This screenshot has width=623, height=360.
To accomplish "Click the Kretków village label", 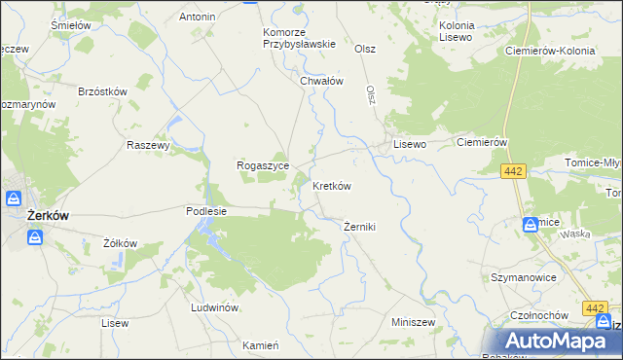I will [331, 185].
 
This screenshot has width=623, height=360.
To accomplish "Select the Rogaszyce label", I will [262, 165].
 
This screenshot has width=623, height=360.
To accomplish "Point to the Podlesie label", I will [206, 210].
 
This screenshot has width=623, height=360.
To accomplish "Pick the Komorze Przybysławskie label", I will [300, 37].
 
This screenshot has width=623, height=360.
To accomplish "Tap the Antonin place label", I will [198, 17].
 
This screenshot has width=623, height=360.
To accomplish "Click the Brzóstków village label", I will [104, 90].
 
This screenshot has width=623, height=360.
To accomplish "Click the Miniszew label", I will [413, 321].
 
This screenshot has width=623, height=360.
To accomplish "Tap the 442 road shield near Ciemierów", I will [514, 171].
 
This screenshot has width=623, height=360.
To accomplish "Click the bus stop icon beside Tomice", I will [531, 224].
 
